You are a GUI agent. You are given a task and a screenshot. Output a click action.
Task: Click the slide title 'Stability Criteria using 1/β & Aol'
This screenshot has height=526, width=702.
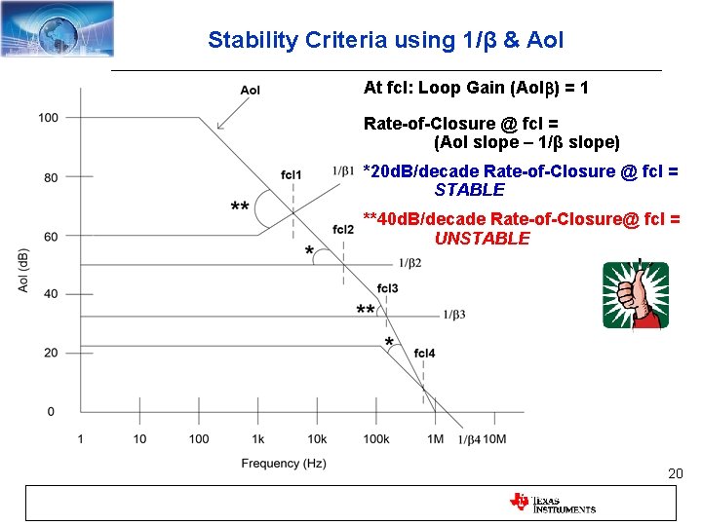pyautogui.click(x=385, y=40)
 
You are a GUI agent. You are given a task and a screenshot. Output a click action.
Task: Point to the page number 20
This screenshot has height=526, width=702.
pyautogui.click(x=675, y=473)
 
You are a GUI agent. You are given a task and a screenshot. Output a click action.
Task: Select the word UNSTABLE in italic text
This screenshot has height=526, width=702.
pyautogui.click(x=482, y=239)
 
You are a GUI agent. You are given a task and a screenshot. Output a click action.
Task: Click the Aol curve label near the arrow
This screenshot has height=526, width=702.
pyautogui.click(x=251, y=91)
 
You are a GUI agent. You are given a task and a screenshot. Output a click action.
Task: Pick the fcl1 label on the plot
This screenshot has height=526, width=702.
pyautogui.click(x=291, y=174)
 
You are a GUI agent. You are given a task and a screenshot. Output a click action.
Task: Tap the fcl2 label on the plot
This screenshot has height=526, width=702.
pyautogui.click(x=343, y=229)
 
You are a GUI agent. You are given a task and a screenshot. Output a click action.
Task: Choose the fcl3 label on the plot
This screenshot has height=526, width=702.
pyautogui.click(x=387, y=288)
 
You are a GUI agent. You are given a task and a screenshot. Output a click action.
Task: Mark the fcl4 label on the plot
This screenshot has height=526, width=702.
pyautogui.click(x=424, y=352)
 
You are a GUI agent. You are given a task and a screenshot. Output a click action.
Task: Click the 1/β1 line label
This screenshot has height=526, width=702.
pyautogui.click(x=343, y=170)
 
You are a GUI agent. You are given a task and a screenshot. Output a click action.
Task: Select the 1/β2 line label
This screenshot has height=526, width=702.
pyautogui.click(x=409, y=263)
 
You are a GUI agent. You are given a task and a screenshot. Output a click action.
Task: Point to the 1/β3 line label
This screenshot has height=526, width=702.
pyautogui.click(x=454, y=315)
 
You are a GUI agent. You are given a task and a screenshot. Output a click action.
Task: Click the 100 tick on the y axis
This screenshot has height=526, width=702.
pyautogui.click(x=48, y=118)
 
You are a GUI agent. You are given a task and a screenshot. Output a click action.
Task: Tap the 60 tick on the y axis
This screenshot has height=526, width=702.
pyautogui.click(x=51, y=236)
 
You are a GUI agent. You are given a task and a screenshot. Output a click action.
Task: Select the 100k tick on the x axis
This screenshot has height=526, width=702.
pyautogui.click(x=376, y=439)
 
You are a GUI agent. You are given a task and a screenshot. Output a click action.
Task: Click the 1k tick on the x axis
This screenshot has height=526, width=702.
pyautogui.click(x=257, y=439)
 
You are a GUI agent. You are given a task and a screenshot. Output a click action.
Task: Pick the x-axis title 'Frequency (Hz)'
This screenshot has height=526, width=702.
pyautogui.click(x=284, y=464)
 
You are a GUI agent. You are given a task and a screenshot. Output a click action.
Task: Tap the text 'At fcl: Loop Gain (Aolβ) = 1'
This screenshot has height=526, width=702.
pyautogui.click(x=476, y=88)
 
